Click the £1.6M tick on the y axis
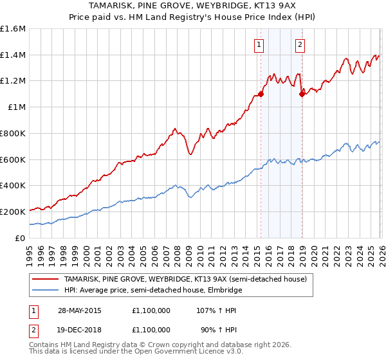pos(13,29)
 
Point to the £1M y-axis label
pos(17,107)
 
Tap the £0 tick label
pos(21,238)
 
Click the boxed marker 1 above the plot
pos(259,44)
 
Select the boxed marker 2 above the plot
pos(300,44)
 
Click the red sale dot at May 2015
pos(261,94)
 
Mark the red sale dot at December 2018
pos(302,94)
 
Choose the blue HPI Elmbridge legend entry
pos(152,290)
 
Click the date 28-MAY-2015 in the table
pos(81,310)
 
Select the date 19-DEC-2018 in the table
pos(81,329)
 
